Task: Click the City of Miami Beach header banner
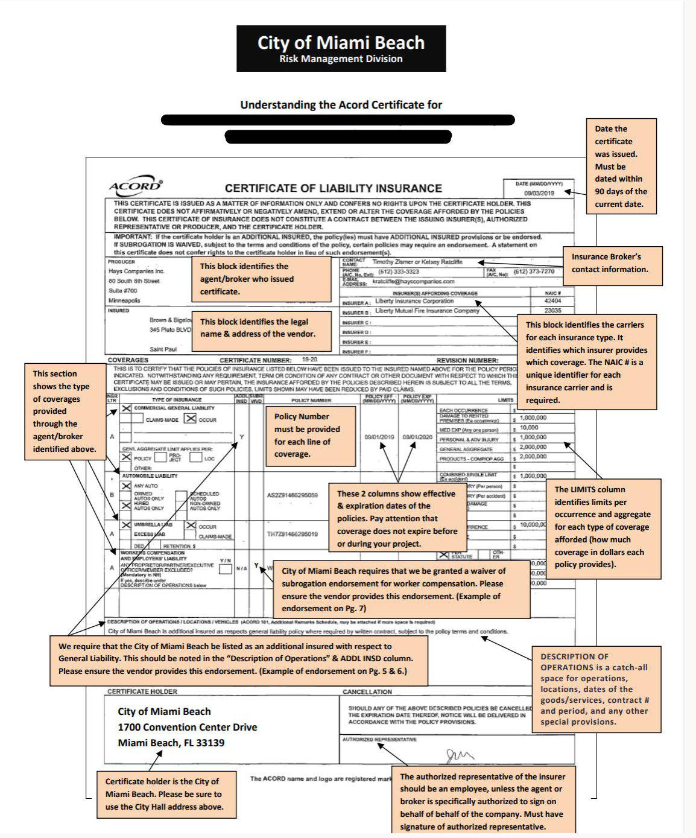341,49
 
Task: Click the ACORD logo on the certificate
135,186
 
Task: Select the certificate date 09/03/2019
539,193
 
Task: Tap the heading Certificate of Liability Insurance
333,188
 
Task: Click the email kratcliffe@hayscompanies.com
413,281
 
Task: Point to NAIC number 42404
552,300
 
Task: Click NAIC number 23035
552,311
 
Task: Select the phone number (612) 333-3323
399,271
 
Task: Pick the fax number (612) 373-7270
534,271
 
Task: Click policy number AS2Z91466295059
292,495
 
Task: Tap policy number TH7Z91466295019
292,534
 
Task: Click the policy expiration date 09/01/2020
417,437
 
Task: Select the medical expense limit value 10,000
529,427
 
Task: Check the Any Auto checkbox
126,486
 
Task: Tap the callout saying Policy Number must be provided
311,436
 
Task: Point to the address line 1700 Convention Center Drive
187,727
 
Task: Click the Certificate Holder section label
142,691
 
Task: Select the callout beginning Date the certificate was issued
621,167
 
